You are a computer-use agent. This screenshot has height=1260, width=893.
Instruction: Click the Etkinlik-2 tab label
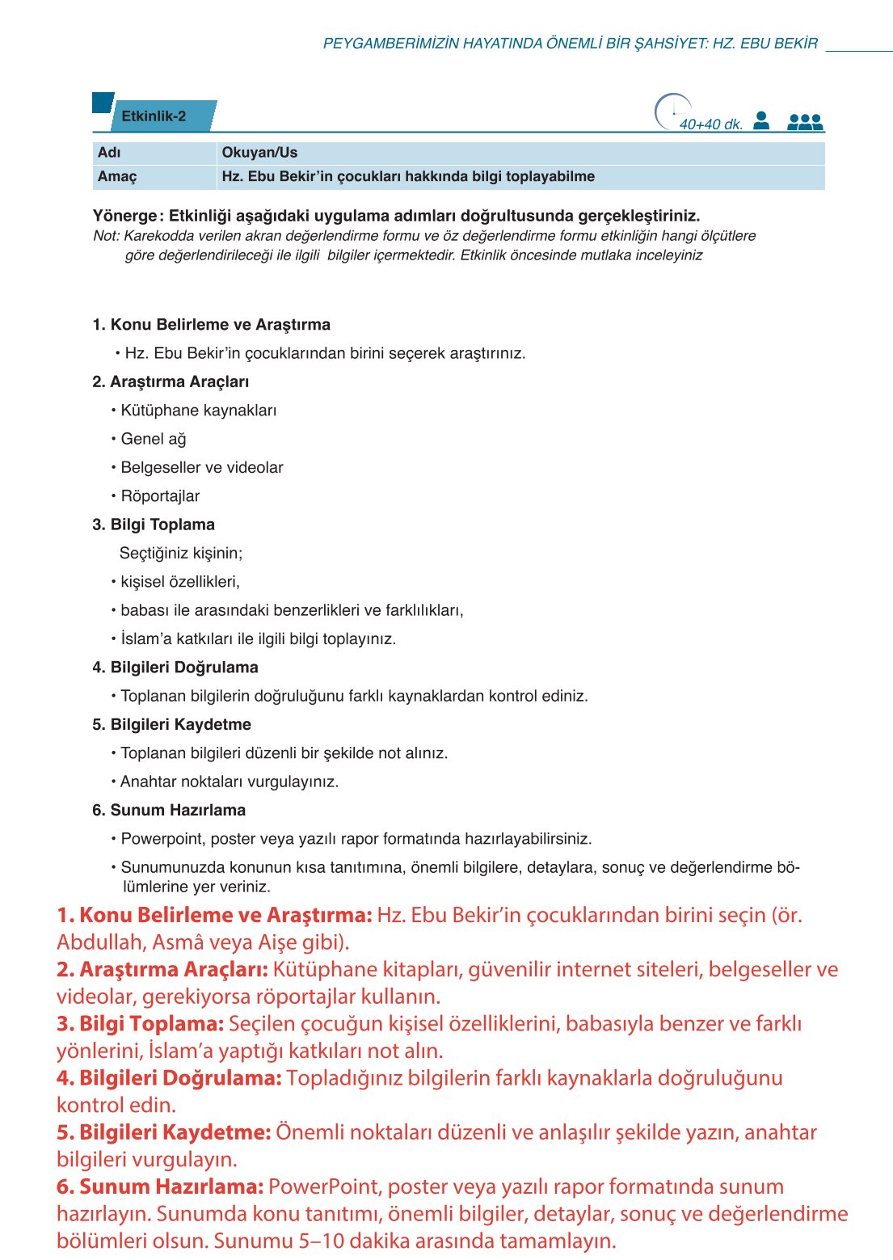[x=154, y=116]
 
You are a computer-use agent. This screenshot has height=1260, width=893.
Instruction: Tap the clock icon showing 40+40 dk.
[x=672, y=112]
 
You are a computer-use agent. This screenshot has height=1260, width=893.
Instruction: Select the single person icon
[x=760, y=120]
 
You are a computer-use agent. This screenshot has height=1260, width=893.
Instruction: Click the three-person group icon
[x=804, y=122]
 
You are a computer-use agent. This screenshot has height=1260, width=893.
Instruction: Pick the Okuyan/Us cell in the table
[x=259, y=153]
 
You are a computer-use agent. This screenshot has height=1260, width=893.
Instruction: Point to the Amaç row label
[x=117, y=177]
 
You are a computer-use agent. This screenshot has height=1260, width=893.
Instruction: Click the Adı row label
[x=109, y=153]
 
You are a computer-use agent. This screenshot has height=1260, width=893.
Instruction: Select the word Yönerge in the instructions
[x=125, y=216]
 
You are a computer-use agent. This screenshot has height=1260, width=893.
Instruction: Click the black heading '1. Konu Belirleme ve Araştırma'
[x=211, y=325]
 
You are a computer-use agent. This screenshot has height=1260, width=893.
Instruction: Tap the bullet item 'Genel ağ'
[x=154, y=440]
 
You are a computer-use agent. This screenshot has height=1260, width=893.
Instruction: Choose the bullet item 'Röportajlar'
[x=160, y=496]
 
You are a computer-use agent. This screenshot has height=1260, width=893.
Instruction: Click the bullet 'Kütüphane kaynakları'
[x=198, y=411]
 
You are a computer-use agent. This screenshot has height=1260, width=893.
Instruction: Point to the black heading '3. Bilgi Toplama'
[x=154, y=525]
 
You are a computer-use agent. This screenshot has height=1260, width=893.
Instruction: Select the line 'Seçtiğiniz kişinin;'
[x=181, y=554]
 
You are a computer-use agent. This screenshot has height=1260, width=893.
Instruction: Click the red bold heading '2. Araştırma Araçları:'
[x=162, y=970]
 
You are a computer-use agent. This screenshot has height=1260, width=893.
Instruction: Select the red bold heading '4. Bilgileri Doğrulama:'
[x=169, y=1078]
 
